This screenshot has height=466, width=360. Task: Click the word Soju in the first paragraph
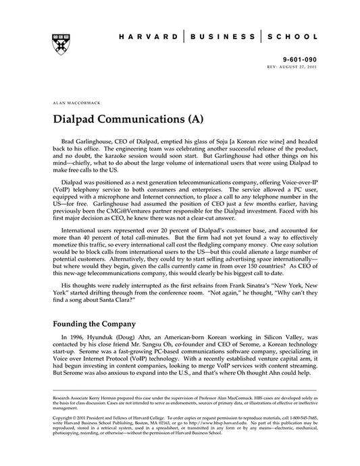click(x=240, y=137)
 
